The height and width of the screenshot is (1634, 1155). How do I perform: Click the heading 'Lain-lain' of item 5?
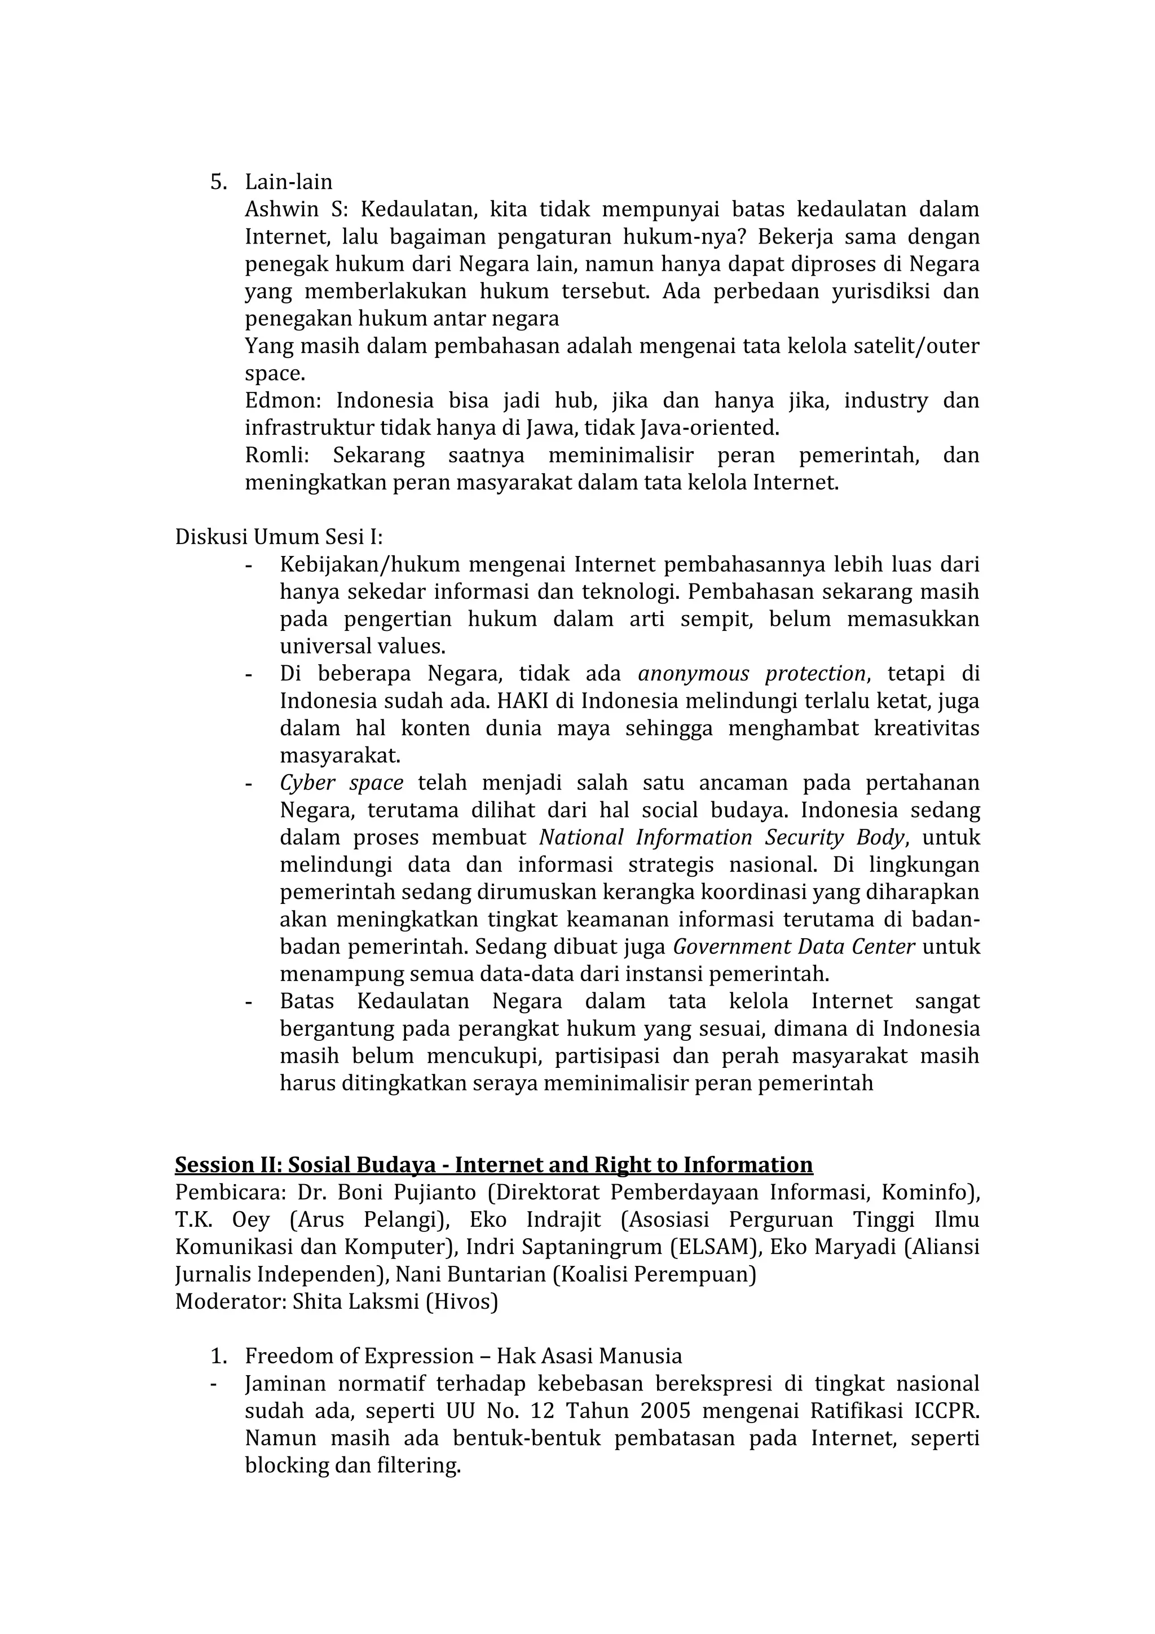point(288,182)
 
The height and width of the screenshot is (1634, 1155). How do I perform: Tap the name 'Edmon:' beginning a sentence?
point(283,401)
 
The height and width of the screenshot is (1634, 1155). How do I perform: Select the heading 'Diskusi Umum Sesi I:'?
point(279,537)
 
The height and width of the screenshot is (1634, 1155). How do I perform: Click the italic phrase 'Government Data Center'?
point(793,947)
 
